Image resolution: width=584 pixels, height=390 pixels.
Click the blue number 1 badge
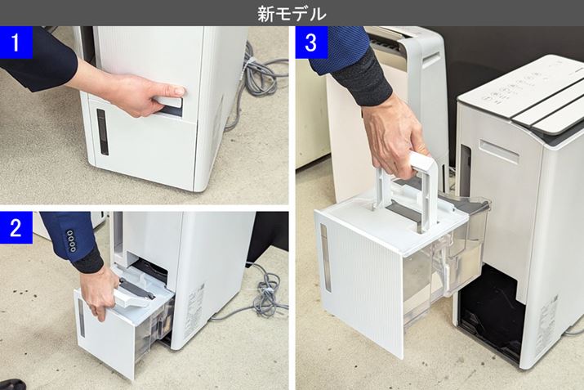16,43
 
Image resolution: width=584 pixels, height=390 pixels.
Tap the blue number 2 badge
16,227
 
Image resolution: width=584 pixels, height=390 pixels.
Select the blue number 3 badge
311,43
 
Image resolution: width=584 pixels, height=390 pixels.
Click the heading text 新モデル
292,13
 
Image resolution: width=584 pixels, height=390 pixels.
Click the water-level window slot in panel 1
102,132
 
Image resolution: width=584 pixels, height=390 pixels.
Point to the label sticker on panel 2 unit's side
194,302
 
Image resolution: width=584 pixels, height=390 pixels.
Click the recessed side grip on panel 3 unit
499,150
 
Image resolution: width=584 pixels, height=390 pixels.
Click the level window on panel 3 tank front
326,258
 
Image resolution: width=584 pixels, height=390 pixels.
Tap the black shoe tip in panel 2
12,384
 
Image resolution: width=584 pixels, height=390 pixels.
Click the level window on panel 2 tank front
81,318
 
